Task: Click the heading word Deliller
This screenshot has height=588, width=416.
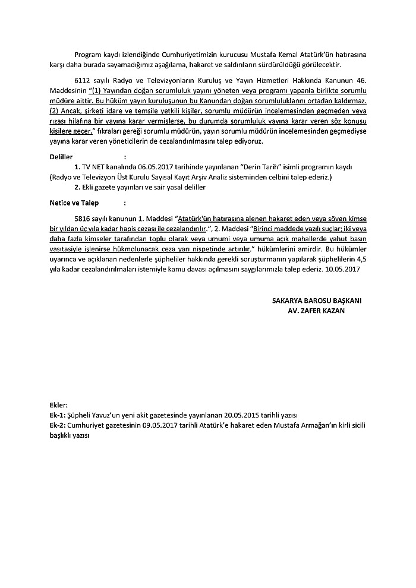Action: click(61, 157)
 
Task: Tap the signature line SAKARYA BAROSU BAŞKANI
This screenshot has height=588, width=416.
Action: click(317, 301)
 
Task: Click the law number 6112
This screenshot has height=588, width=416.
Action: click(83, 80)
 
